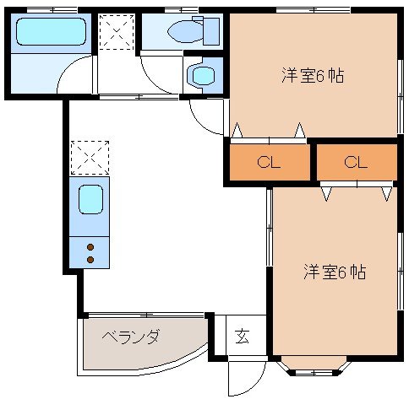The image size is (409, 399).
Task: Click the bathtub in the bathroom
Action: click(51, 31)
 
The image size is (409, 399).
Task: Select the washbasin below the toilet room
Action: click(204, 75)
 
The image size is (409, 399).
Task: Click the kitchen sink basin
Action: click(90, 199)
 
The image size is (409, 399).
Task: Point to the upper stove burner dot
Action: click(90, 247)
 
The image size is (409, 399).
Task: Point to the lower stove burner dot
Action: click(90, 260)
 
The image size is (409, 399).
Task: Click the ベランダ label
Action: click(131, 336)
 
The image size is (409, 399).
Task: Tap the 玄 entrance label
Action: click(243, 337)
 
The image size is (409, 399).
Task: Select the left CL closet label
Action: click(269, 162)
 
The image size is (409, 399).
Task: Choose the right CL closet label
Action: click(356, 162)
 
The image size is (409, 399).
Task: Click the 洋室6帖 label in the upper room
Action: click(313, 75)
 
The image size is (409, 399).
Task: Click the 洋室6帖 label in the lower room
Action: click(335, 272)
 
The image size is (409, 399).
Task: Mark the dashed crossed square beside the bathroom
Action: click(116, 32)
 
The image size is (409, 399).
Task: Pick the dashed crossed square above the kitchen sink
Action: click(90, 158)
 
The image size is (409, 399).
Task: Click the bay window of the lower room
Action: click(314, 366)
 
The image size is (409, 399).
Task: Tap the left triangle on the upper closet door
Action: click(237, 130)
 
